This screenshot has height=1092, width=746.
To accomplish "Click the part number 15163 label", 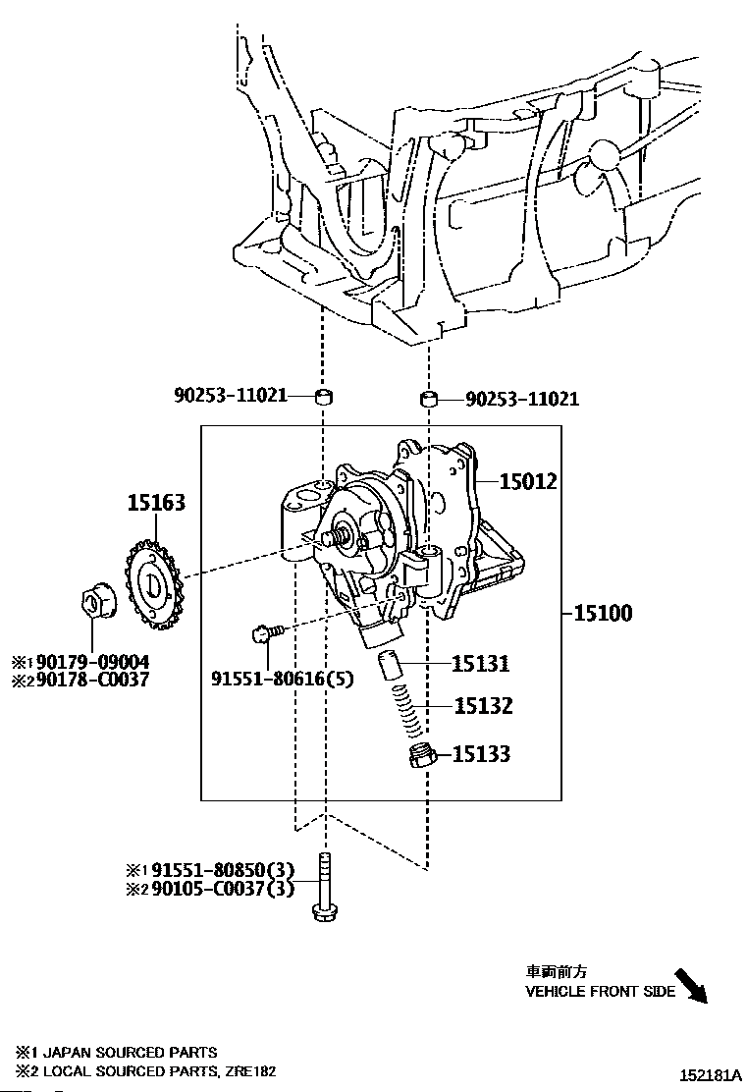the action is [157, 502].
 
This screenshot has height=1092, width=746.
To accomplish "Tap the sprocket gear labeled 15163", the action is [153, 582].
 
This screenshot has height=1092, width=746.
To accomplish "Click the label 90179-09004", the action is [92, 662].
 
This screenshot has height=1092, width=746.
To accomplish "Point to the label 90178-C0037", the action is [92, 680].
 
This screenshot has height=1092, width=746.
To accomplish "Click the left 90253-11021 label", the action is [231, 396].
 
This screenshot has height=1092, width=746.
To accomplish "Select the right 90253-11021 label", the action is [522, 399].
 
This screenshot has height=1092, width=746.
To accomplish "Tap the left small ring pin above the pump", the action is [324, 397].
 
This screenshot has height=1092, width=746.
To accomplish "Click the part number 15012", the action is [528, 481].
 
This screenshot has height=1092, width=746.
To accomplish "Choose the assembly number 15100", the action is [603, 614].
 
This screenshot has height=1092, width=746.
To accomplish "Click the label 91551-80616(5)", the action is [283, 679].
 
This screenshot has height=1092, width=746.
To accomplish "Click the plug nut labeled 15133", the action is [422, 756].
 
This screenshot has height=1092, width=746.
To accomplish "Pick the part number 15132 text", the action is [483, 706].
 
